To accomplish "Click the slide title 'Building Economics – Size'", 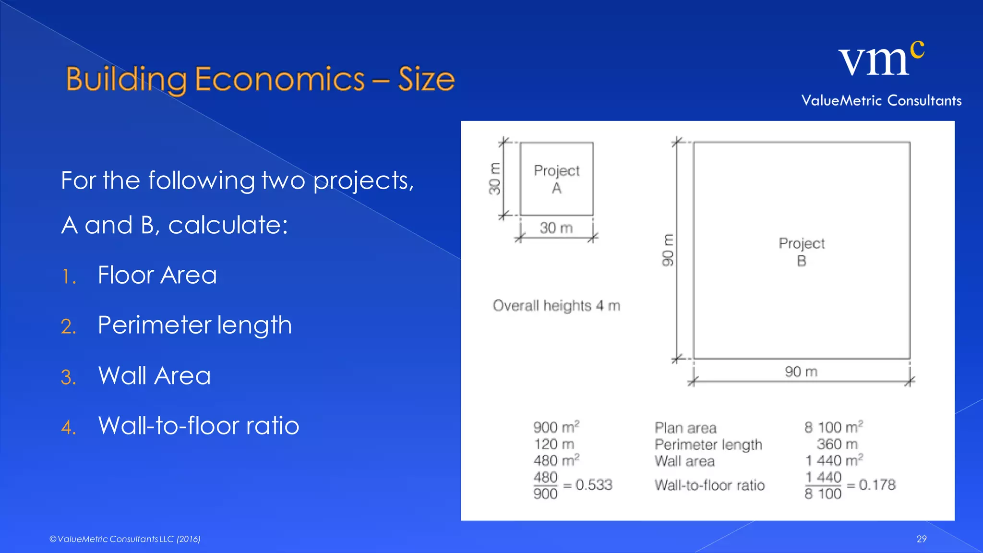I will [260, 79].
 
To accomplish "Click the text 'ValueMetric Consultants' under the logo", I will [881, 101].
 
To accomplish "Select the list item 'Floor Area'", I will [157, 275].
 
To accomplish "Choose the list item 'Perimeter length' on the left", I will [194, 325].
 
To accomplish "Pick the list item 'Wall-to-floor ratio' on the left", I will [198, 425].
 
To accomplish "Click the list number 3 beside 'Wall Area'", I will [68, 377].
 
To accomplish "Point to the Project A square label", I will [556, 179].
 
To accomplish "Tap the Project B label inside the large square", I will [801, 252].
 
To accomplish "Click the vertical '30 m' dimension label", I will [494, 179].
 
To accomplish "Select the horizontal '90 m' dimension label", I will [801, 372].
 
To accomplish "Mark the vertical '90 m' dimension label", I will [668, 250].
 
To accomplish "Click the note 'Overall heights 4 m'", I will [556, 306].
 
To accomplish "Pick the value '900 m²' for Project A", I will [556, 427].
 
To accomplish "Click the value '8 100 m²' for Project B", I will [833, 427].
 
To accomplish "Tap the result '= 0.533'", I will [588, 485].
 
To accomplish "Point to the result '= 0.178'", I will [871, 485].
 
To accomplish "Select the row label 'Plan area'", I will [685, 428].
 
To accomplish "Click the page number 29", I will [921, 539].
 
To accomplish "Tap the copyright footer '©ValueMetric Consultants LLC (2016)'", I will [125, 539].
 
